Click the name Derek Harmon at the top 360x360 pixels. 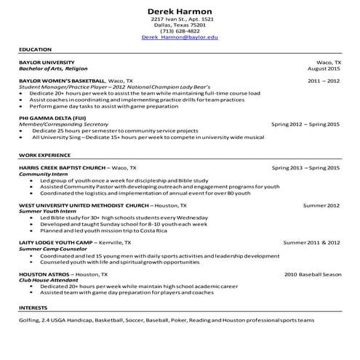click(x=180, y=11)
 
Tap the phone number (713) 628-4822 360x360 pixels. click(x=180, y=31)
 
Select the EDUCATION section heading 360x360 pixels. click(x=35, y=49)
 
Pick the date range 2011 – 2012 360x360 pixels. click(x=324, y=81)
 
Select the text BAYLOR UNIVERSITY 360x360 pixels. click(x=47, y=63)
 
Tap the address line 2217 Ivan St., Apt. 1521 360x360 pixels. click(x=180, y=19)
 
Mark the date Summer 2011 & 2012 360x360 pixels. click(x=311, y=242)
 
